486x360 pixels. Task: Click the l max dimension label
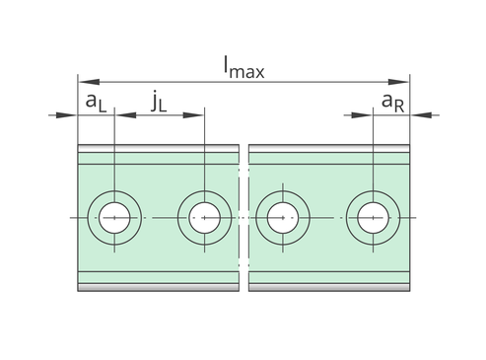pyautogui.click(x=243, y=67)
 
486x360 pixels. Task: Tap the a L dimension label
pyautogui.click(x=96, y=103)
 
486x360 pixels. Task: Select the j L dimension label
pyautogui.click(x=159, y=103)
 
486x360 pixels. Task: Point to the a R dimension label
pyautogui.click(x=392, y=103)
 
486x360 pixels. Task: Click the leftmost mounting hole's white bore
pyautogui.click(x=114, y=218)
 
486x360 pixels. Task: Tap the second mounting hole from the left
pyautogui.click(x=204, y=218)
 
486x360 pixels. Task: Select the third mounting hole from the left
pyautogui.click(x=283, y=218)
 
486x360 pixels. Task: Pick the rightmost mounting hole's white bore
pyautogui.click(x=373, y=218)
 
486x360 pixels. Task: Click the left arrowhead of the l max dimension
pyautogui.click(x=89, y=82)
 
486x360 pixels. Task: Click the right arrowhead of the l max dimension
pyautogui.click(x=398, y=82)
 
